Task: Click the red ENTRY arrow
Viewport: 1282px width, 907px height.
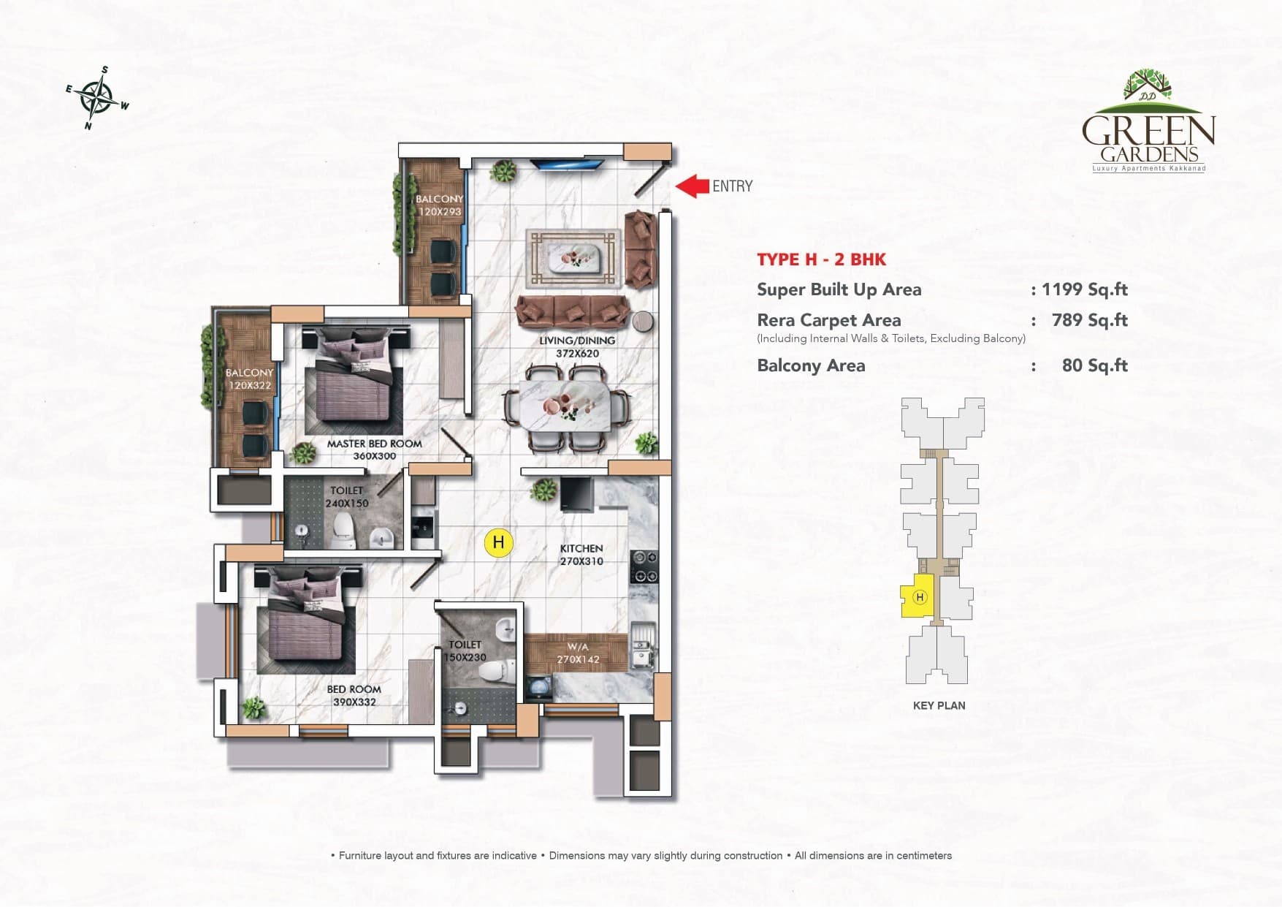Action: [x=692, y=186]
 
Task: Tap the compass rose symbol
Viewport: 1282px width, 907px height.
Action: [x=96, y=99]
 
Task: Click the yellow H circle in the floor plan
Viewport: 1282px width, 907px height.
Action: [x=499, y=542]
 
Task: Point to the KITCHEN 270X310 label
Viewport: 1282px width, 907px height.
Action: [x=581, y=555]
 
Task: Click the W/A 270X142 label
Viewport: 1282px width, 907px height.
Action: [x=578, y=653]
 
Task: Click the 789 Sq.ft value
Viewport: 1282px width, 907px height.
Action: [x=1089, y=320]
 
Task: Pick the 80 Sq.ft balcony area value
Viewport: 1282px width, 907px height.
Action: [x=1094, y=365]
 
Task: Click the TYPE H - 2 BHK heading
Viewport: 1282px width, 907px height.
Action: [x=821, y=259]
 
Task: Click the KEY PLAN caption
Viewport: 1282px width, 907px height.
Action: [x=939, y=705]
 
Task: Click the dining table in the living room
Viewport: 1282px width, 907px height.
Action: [x=565, y=407]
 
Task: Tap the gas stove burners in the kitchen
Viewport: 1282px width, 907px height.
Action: [x=644, y=566]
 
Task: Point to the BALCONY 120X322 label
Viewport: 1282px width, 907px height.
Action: [x=249, y=379]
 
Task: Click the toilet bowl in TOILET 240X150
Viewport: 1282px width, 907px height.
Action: [x=343, y=528]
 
